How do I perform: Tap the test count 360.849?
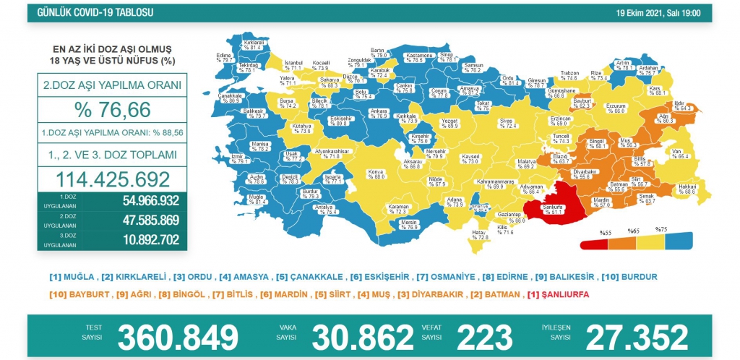pyautogui.click(x=178, y=337)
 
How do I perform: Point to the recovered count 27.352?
pyautogui.click(x=636, y=337)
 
